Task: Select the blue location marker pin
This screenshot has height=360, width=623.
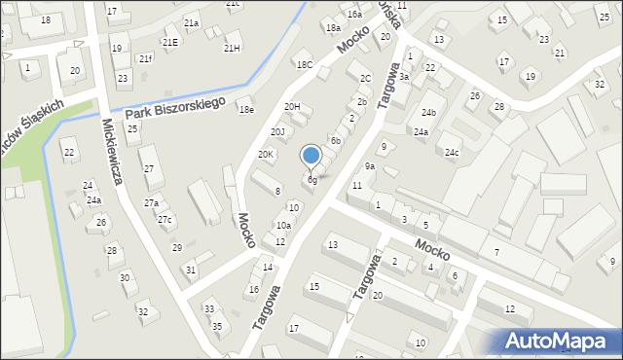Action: [x=311, y=156]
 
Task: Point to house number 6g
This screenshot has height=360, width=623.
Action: [x=311, y=180]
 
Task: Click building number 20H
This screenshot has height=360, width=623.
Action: [x=292, y=106]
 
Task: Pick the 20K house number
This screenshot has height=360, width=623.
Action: [x=266, y=155]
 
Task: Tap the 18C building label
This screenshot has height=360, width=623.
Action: [x=305, y=64]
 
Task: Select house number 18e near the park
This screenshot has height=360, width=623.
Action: [x=246, y=109]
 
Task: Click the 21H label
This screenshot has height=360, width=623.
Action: [x=232, y=48]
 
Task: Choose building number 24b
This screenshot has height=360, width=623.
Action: [x=428, y=113]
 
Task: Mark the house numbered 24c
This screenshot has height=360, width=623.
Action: [x=452, y=153]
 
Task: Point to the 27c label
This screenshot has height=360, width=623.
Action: [x=165, y=220]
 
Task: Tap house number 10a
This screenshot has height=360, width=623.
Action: [x=282, y=225]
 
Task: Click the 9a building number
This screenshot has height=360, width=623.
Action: [x=370, y=167]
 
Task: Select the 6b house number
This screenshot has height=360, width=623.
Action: [x=335, y=141]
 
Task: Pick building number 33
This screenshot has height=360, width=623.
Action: [x=208, y=309]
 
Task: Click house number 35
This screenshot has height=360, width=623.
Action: [x=217, y=326]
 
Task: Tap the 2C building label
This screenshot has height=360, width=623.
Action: [x=365, y=78]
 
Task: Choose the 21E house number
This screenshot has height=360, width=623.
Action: [x=170, y=42]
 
